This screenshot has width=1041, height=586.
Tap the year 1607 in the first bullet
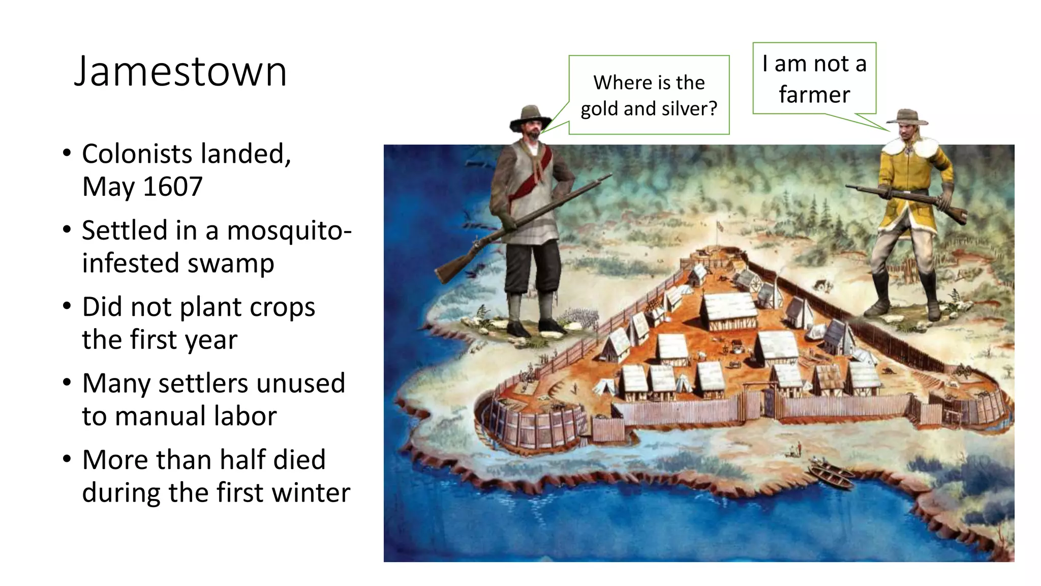[x=173, y=187]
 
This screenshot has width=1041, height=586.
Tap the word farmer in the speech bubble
[x=814, y=95]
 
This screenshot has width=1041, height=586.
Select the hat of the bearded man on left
[x=530, y=116]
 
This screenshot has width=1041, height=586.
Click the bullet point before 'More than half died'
[x=67, y=459]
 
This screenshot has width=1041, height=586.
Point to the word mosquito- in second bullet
[x=289, y=230]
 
